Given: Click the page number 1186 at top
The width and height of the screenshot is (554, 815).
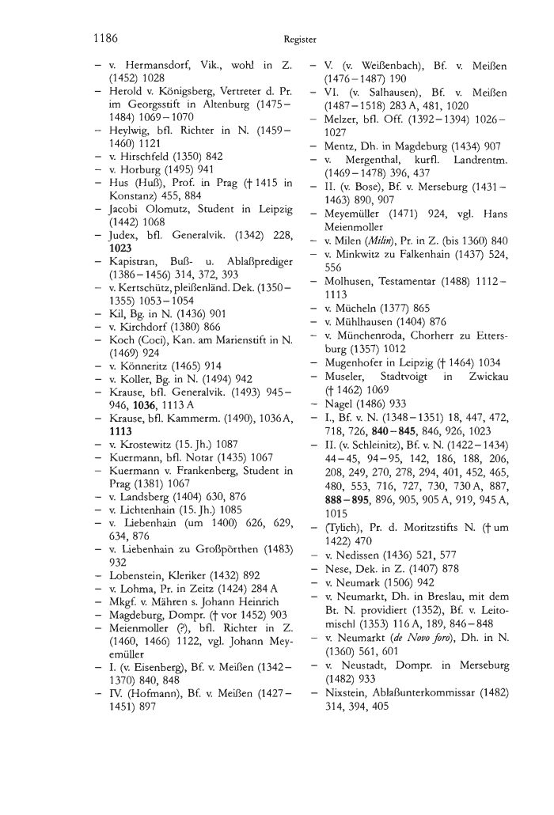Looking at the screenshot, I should [104, 36].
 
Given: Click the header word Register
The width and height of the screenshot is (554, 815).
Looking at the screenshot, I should [298, 38].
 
